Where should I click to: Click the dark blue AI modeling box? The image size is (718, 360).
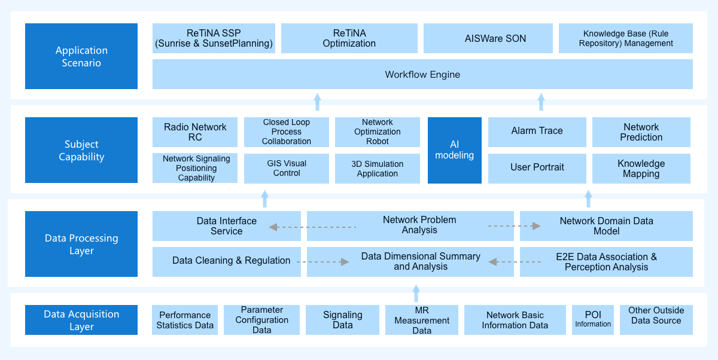tap(455, 150)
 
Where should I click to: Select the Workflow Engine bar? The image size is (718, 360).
tap(422, 74)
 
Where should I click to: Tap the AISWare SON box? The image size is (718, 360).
tap(488, 38)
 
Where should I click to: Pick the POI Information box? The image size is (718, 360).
tap(593, 320)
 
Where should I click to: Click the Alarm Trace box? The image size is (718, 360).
tap(537, 132)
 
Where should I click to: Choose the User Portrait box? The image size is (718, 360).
tap(537, 169)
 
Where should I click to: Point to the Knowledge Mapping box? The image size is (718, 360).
tap(641, 169)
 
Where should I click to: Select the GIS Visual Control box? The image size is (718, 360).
tap(287, 169)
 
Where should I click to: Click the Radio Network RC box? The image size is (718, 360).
tap(195, 132)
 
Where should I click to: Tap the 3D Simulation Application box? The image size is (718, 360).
tap(378, 169)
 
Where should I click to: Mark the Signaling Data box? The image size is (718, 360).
tap(342, 320)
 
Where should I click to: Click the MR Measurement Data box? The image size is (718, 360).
tap(421, 320)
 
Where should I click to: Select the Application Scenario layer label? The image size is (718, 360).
tap(81, 56)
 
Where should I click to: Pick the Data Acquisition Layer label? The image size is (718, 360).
tap(81, 320)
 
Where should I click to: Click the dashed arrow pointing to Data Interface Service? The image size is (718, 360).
tap(312, 227)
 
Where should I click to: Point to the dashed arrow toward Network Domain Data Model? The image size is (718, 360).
tap(515, 226)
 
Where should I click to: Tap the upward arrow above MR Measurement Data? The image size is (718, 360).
tap(416, 293)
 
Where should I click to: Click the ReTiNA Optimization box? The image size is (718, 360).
tap(349, 38)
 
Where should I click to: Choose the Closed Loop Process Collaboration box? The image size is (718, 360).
tap(287, 132)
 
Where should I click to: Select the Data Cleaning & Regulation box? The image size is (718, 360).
tap(227, 262)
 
